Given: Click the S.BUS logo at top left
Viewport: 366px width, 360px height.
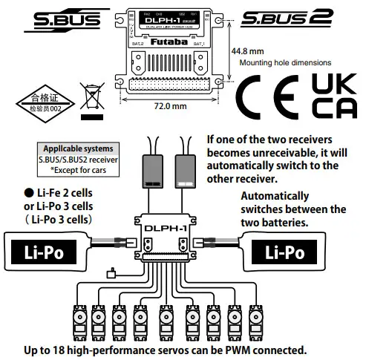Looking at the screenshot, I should pyautogui.click(x=66, y=20).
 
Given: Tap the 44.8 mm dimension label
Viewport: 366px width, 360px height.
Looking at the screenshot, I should pyautogui.click(x=246, y=51).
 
